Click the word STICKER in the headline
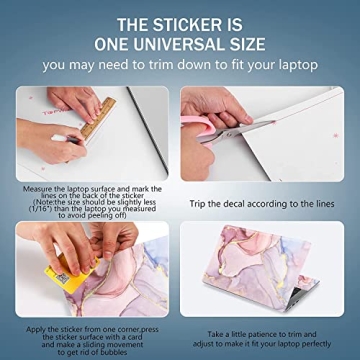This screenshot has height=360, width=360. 199,25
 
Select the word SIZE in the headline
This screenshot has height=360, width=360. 249,44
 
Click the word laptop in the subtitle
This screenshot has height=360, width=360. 296,66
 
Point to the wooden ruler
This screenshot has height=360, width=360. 98,118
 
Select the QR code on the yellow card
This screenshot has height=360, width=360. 62,279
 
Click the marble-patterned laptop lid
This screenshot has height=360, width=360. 257,263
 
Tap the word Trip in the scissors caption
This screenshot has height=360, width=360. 197,204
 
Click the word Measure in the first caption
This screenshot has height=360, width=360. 36,189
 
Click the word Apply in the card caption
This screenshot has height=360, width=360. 35,330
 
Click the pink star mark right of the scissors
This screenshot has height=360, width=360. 336,135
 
